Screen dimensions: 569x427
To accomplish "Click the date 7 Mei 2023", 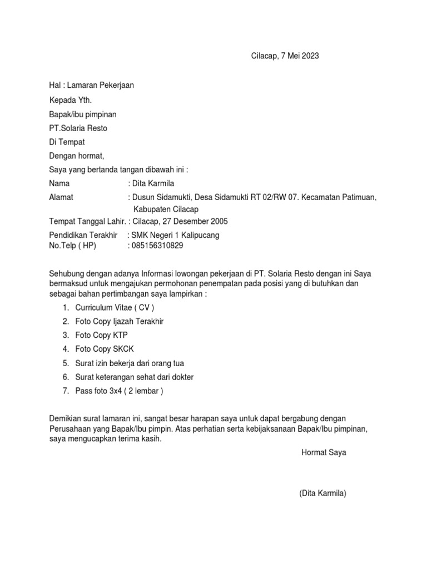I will click(299, 56).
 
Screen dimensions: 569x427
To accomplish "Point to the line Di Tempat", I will click(67, 142).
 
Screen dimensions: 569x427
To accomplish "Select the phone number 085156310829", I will click(157, 245).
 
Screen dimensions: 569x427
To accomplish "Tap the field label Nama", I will click(60, 183).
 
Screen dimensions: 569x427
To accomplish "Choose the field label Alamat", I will click(61, 197).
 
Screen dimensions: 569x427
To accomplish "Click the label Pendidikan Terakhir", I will click(83, 235).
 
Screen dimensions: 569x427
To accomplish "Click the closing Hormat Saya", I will click(324, 452).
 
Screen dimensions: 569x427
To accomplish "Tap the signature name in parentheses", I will click(322, 493).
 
